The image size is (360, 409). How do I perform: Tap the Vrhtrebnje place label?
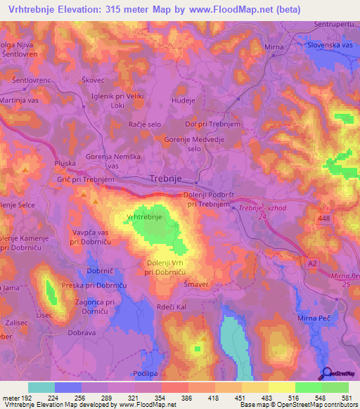(x=144, y=218)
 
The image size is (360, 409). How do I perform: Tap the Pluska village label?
(x=65, y=163)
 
